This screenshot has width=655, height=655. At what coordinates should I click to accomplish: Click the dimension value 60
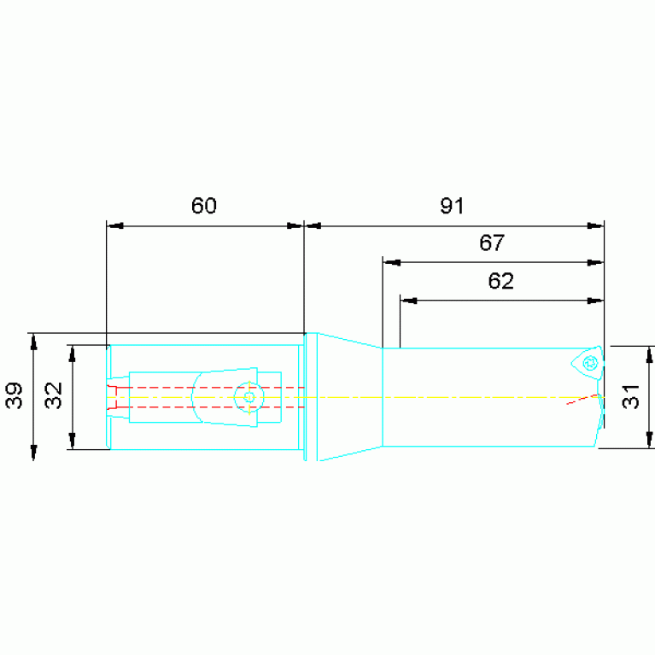[204, 206]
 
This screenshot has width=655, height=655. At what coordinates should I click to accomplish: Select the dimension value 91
[452, 206]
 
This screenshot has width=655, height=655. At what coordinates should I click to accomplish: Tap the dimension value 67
[492, 243]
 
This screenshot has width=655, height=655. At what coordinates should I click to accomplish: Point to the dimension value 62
[500, 281]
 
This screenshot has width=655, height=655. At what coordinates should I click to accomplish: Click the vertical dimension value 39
[14, 395]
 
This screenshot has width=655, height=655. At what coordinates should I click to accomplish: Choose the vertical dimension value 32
[54, 395]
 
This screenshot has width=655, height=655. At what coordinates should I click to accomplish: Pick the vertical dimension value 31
[630, 396]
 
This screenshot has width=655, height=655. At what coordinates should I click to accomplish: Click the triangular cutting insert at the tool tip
[588, 363]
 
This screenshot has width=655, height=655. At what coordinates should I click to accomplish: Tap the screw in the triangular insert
[590, 363]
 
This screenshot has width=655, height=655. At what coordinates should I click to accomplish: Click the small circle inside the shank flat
[249, 397]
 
